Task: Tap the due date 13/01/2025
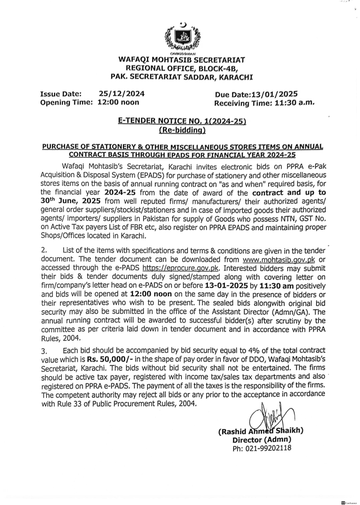[x=277, y=95]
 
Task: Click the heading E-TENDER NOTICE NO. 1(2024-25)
[x=182, y=122]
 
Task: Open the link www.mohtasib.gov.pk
[x=279, y=259]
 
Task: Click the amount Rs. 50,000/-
[x=109, y=357]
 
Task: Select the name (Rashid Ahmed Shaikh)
[x=261, y=431]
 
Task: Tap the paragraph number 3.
[x=43, y=350]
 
